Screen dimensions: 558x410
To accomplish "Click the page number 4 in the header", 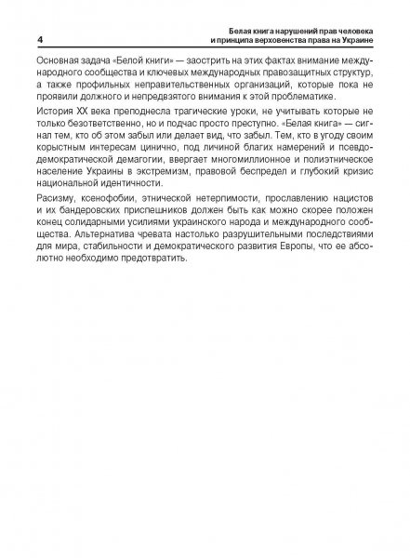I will click(x=39, y=39).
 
